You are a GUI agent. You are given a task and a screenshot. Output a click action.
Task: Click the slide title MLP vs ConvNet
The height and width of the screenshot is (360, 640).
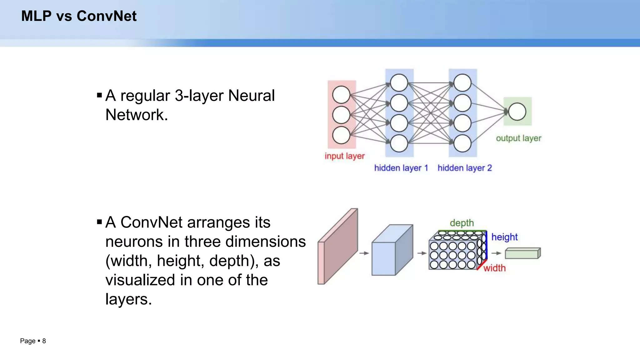[x=79, y=16]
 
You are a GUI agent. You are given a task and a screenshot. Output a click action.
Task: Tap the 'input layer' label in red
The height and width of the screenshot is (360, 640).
[x=344, y=156]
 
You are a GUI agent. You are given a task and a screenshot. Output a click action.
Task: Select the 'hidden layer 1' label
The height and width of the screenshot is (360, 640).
[x=401, y=168]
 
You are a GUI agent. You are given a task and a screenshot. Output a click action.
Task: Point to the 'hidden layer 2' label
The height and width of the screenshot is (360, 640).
[x=464, y=168]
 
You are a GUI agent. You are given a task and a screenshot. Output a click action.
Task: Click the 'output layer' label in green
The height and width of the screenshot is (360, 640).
[x=518, y=138]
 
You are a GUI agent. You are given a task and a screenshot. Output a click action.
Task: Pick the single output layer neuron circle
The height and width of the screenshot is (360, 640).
[x=517, y=112]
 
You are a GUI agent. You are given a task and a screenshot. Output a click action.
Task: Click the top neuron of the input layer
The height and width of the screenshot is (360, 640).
[x=341, y=95]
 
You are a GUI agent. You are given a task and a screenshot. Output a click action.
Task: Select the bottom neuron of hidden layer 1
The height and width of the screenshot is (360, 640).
[x=399, y=143]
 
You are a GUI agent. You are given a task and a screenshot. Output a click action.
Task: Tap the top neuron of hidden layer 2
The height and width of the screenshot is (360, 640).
[x=462, y=83]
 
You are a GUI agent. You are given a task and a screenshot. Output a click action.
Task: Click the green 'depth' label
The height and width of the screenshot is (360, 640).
[x=462, y=223]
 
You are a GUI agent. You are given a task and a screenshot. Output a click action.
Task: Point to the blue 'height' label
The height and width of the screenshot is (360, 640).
[x=504, y=237]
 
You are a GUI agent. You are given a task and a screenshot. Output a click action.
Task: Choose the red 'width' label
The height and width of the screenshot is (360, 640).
[x=494, y=268]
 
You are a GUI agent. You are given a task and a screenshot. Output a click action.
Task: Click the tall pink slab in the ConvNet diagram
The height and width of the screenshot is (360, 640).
[x=337, y=247]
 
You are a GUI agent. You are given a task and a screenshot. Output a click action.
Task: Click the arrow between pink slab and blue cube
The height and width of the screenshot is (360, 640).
[x=364, y=253]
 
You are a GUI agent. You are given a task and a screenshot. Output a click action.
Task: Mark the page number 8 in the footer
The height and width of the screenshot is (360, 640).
[x=44, y=341]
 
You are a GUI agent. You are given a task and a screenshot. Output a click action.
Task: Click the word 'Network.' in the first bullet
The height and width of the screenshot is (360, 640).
[x=137, y=115]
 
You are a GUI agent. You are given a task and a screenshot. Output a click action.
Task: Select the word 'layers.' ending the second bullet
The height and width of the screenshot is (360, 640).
[x=128, y=299]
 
